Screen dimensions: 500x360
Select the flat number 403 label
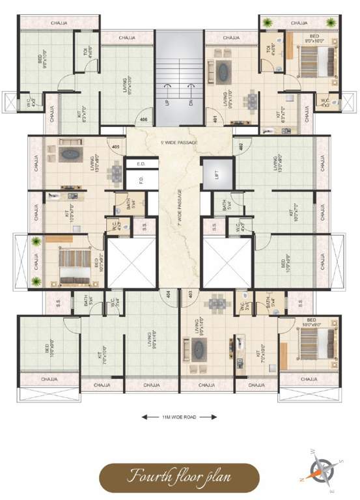point(190,295)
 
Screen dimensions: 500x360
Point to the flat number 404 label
point(168,295)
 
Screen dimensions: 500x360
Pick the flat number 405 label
point(116,147)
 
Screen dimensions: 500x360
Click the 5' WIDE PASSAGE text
point(180,142)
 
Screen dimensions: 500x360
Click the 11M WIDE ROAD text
point(179,416)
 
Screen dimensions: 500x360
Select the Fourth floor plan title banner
point(179,477)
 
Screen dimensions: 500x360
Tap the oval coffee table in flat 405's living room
point(68,155)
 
